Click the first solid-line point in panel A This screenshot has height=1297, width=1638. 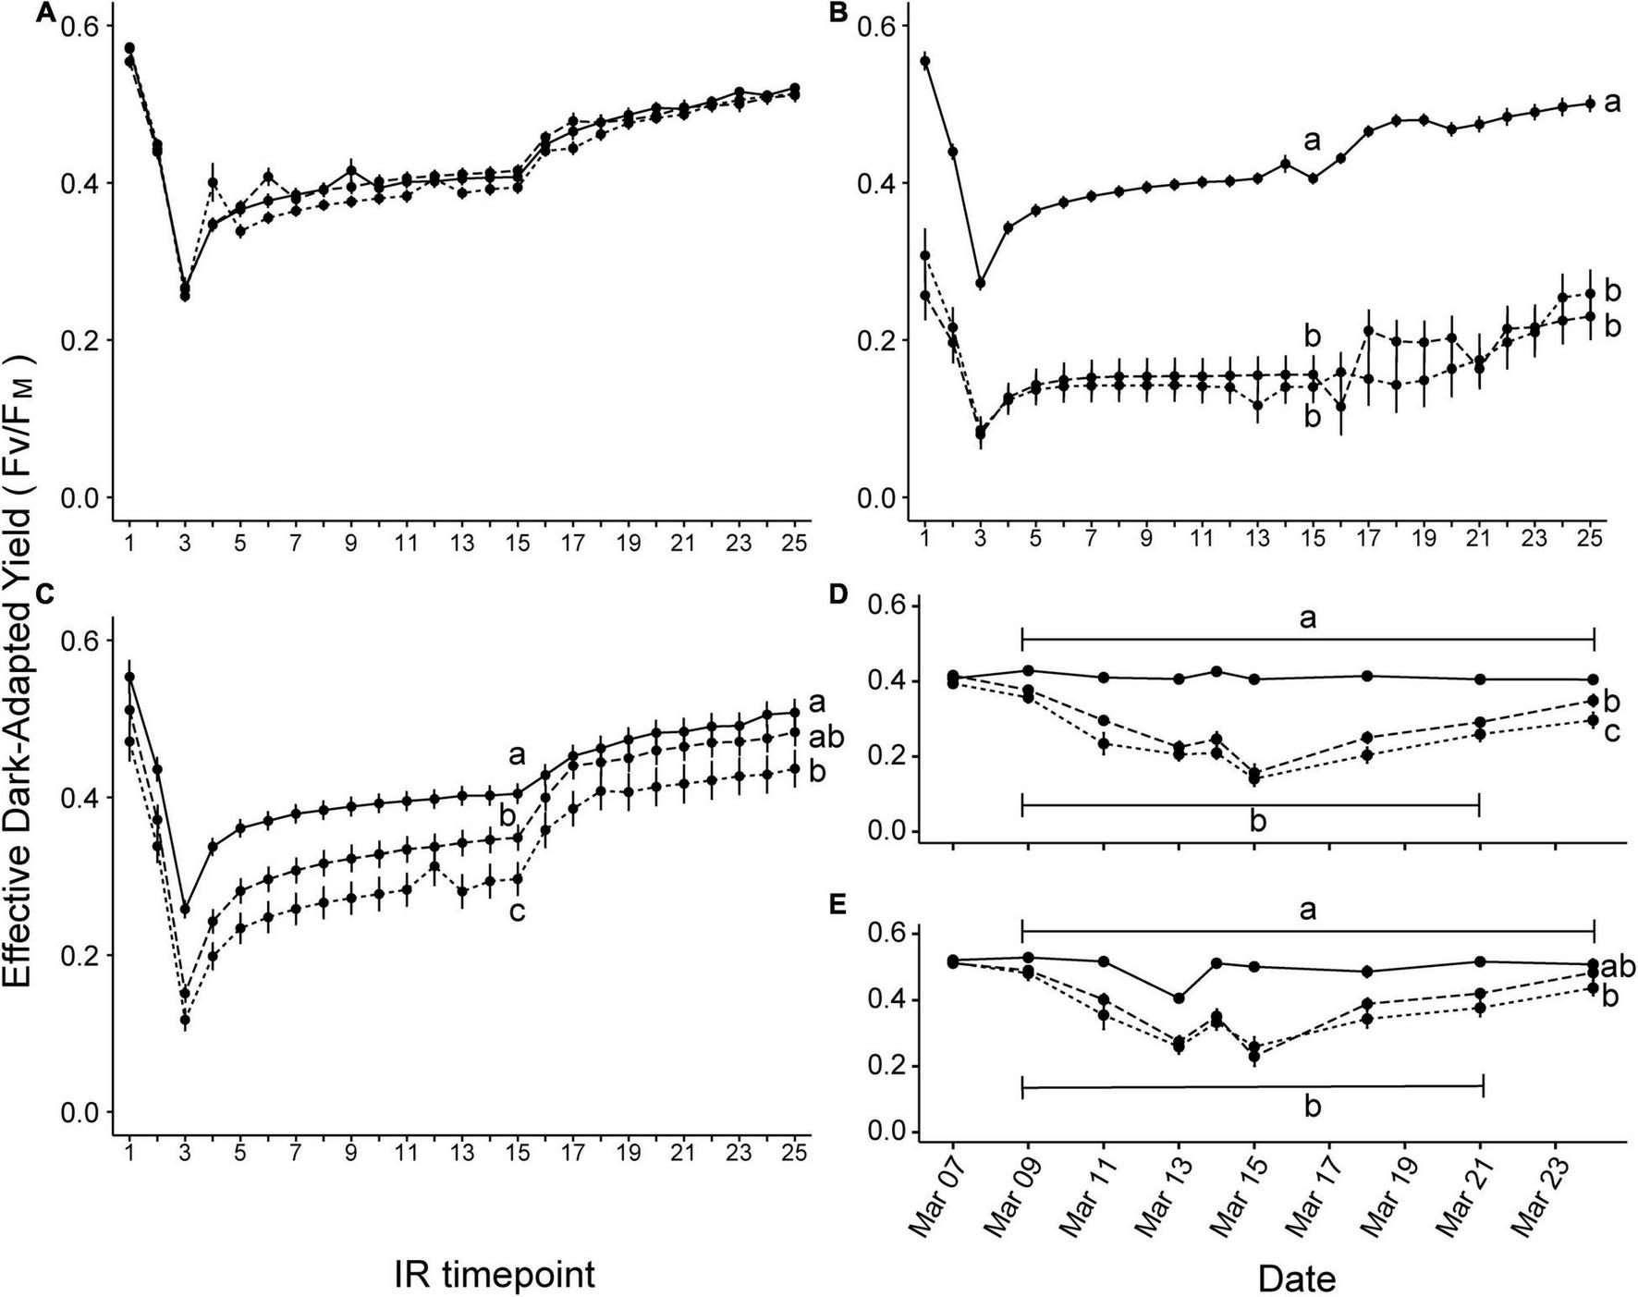point(130,48)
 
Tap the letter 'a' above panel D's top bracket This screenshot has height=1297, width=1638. point(1307,618)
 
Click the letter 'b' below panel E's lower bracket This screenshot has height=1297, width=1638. point(1313,1107)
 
